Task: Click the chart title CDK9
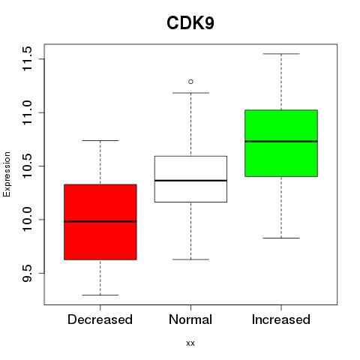point(190,23)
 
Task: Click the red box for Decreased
point(100,222)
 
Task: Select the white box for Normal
point(190,179)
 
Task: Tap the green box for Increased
point(281,143)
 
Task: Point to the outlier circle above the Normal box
point(190,82)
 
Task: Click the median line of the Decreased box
point(100,221)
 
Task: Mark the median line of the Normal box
point(190,180)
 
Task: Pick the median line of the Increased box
point(281,141)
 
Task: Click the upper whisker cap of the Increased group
point(281,54)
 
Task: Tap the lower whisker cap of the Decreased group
point(100,295)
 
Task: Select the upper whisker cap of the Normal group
point(190,93)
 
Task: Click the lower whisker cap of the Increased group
point(281,238)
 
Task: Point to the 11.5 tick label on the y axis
point(27,59)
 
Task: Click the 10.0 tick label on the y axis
point(27,220)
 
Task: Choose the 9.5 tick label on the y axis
point(27,273)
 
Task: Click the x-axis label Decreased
point(100,319)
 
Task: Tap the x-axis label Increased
point(281,319)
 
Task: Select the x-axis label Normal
point(190,319)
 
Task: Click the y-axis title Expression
point(7,174)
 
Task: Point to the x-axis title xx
point(190,343)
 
